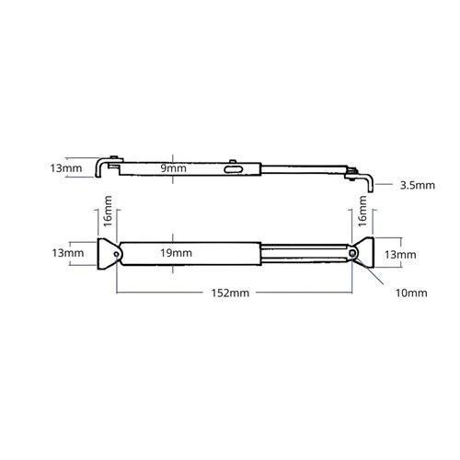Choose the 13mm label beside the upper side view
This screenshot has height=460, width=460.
(66, 168)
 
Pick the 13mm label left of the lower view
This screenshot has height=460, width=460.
(66, 252)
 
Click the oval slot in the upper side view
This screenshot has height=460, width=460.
(236, 169)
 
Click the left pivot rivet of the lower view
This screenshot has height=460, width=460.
(114, 252)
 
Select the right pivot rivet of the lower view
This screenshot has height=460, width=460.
(351, 252)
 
